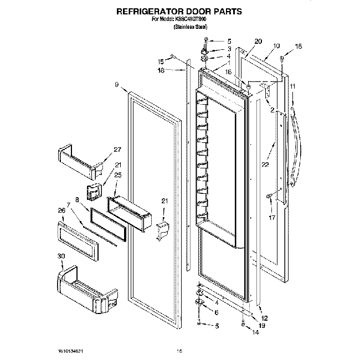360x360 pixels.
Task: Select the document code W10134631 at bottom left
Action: tap(68, 351)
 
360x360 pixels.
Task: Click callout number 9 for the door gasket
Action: tap(117, 85)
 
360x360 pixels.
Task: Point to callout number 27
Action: tap(117, 150)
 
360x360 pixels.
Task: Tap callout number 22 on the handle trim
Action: tap(265, 164)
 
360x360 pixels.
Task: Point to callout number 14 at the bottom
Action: tap(255, 333)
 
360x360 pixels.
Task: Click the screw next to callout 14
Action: tap(244, 326)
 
